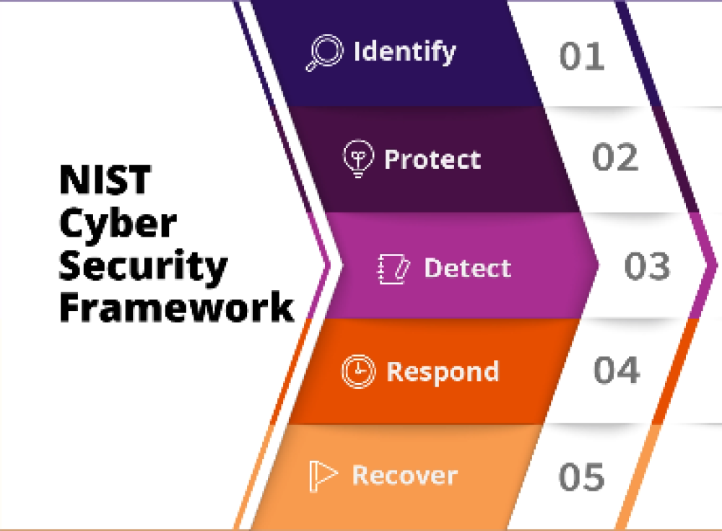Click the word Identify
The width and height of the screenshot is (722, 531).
(405, 51)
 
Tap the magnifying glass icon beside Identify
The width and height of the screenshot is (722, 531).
(325, 53)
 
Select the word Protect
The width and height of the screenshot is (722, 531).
(432, 159)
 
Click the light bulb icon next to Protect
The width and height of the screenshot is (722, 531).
(358, 158)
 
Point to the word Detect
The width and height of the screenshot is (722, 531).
(467, 268)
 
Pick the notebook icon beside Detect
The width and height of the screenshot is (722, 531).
(393, 268)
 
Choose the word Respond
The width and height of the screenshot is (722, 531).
(443, 372)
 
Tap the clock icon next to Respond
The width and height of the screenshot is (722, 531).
(358, 371)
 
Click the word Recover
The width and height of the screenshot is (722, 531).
(405, 475)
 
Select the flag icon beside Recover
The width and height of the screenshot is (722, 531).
(322, 475)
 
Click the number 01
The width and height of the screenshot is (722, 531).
(581, 56)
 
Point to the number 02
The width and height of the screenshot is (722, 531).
(615, 157)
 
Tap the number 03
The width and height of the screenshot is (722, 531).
(647, 266)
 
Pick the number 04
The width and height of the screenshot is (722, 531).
(617, 369)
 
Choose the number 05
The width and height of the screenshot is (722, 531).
(581, 476)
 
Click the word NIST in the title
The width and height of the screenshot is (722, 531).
(105, 180)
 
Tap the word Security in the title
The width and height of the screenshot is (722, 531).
(143, 266)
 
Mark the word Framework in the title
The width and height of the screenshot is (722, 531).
(177, 307)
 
